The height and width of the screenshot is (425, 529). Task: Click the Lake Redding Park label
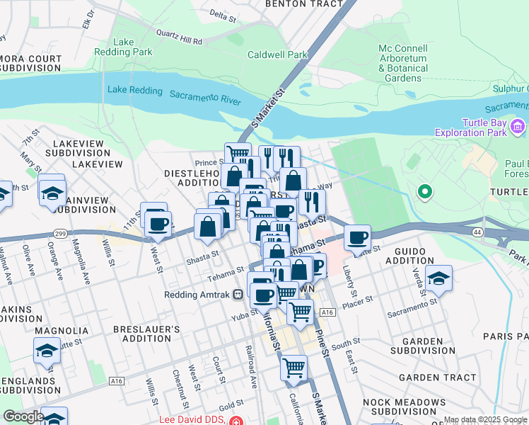pyautogui.click(x=124, y=47)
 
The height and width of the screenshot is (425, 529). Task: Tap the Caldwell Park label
pyautogui.click(x=277, y=55)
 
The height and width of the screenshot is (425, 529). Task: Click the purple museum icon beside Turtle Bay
pyautogui.click(x=518, y=127)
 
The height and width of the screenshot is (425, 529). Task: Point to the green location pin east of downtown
pyautogui.click(x=425, y=191)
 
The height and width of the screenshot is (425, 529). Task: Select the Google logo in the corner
pyautogui.click(x=23, y=416)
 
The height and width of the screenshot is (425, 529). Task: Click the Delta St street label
pyautogui.click(x=223, y=14)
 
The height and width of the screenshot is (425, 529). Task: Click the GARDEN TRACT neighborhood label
pyautogui.click(x=437, y=378)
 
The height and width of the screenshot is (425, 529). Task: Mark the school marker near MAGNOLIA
pyautogui.click(x=47, y=351)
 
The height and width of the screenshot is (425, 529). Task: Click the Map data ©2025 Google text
pyautogui.click(x=485, y=420)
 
